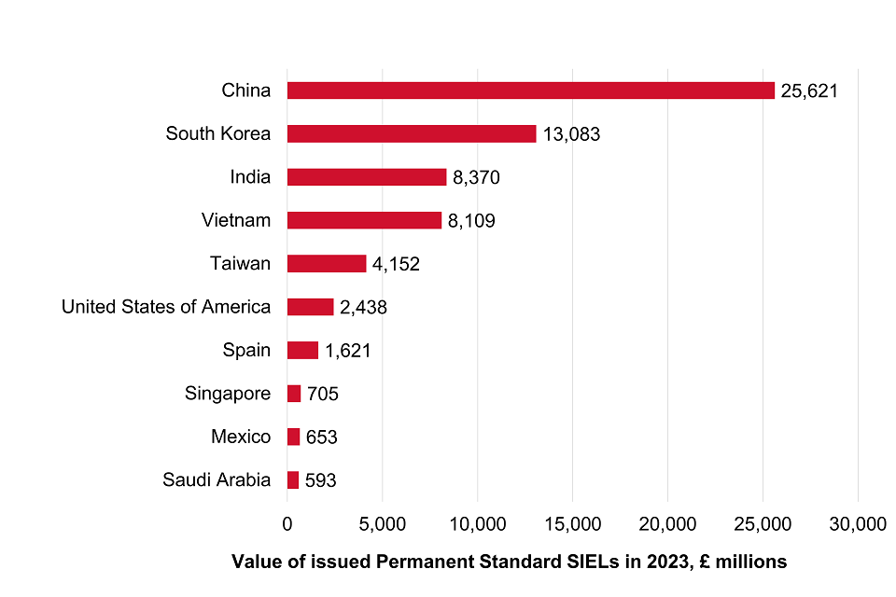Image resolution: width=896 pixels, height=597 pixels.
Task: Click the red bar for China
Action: (530, 90)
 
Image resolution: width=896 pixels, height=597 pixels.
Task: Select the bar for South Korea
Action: (412, 133)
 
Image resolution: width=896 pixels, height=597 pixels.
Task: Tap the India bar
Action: (367, 177)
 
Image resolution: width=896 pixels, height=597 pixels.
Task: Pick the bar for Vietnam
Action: (364, 220)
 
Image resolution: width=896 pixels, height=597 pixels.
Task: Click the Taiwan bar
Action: (327, 264)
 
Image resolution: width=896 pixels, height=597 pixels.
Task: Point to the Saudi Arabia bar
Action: (293, 480)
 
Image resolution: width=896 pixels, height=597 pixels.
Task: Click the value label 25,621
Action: (810, 91)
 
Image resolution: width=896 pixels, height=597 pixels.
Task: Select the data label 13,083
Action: (571, 134)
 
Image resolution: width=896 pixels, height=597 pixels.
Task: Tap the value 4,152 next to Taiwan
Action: (396, 265)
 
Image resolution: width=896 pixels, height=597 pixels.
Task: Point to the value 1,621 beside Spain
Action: (348, 352)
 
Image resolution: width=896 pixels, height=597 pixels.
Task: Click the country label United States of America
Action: (166, 307)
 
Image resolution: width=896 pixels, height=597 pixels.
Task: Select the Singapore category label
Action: (228, 394)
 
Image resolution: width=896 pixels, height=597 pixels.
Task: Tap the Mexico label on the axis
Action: (241, 437)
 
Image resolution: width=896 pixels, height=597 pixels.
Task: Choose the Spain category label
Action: (246, 350)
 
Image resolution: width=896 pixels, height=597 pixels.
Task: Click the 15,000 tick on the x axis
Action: (572, 524)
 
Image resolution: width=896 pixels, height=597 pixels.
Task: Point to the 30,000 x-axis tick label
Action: (858, 524)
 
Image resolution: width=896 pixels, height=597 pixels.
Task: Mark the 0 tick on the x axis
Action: (287, 524)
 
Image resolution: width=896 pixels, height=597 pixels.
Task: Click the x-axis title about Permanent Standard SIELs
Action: (509, 562)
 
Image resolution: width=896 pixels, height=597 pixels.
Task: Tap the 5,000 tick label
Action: (383, 524)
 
